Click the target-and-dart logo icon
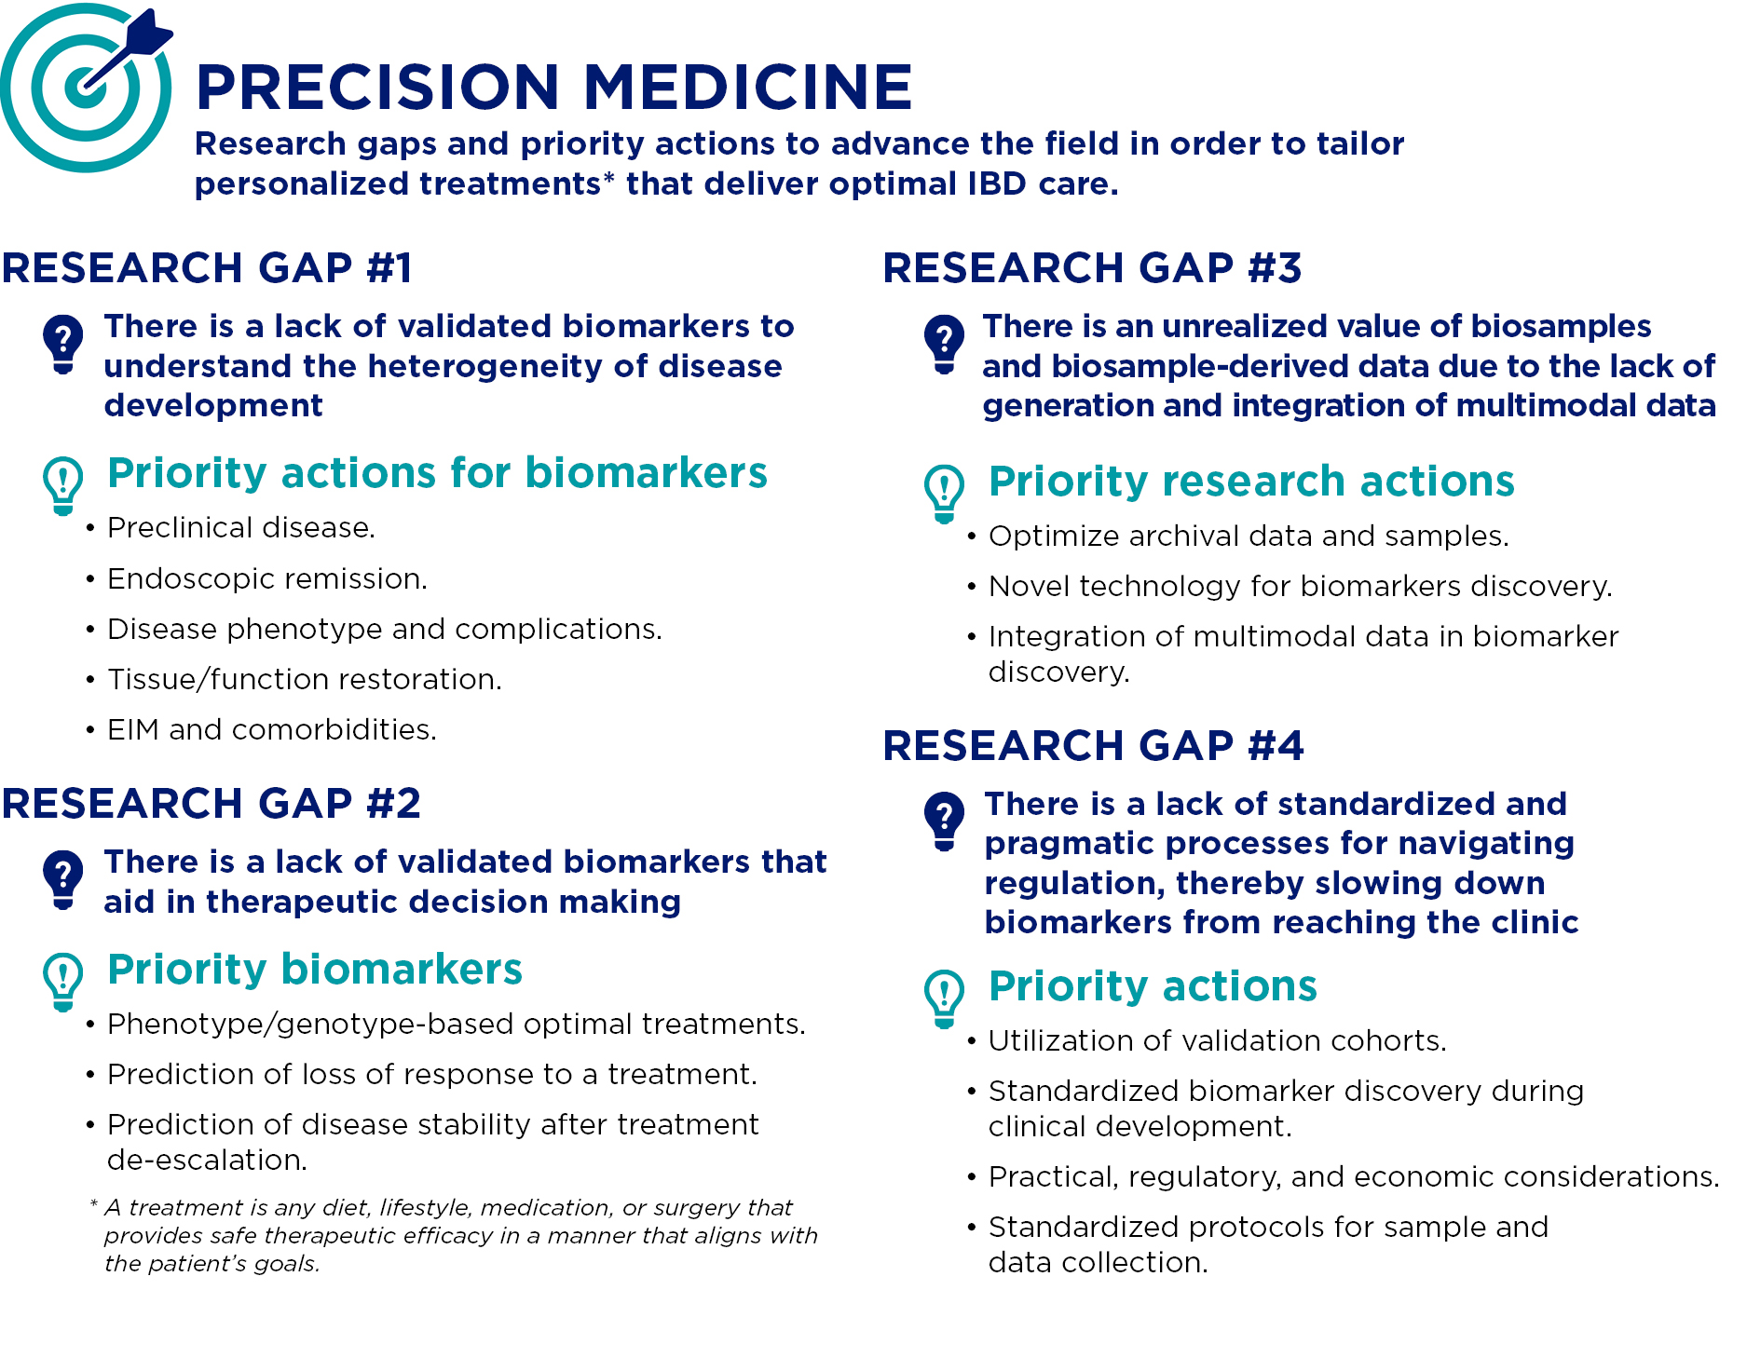click(x=86, y=87)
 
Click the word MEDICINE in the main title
click(x=747, y=88)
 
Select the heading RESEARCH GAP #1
click(x=207, y=268)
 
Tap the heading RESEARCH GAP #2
click(x=212, y=804)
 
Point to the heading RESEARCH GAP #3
click(x=1092, y=268)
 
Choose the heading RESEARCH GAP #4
click(x=1093, y=746)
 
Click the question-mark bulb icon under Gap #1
click(x=63, y=344)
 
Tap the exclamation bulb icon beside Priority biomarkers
click(x=63, y=981)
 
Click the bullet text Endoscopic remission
click(x=266, y=579)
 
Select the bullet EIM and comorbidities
click(x=271, y=730)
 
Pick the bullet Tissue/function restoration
click(x=304, y=680)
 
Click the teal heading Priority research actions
click(x=1250, y=482)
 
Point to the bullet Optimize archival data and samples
click(x=1248, y=536)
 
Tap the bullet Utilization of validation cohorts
click(x=1217, y=1041)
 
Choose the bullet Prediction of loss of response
click(x=431, y=1075)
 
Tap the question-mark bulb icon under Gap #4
click(x=944, y=821)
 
